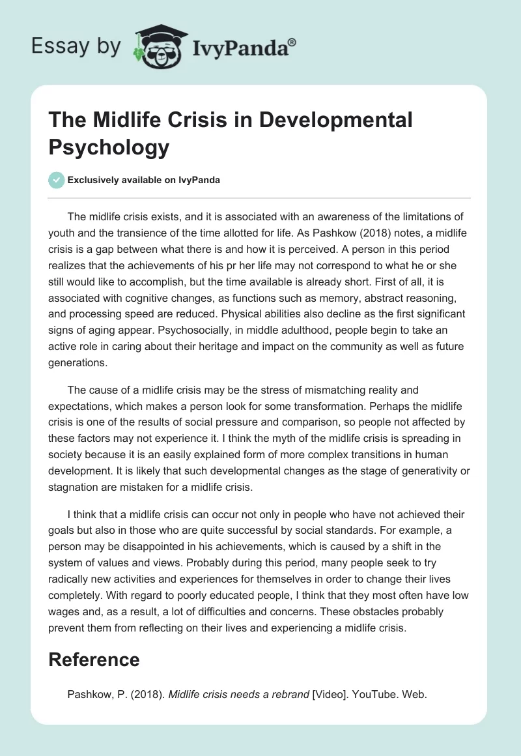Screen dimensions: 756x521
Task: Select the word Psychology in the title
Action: (x=109, y=147)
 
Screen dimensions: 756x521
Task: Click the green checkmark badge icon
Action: (x=57, y=180)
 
